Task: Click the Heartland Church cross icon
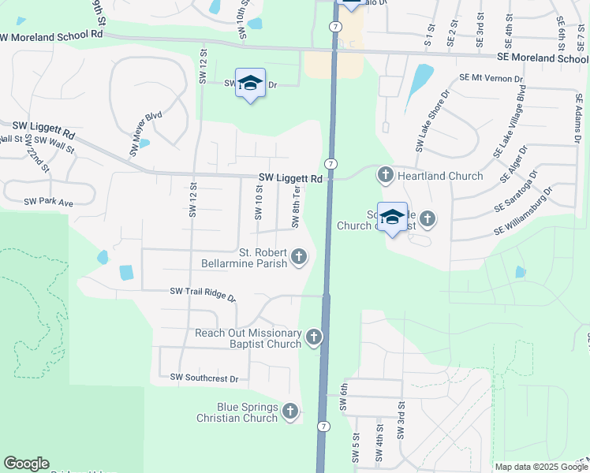click(386, 175)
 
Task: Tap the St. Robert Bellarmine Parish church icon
click(299, 255)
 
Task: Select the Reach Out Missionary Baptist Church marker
click(314, 338)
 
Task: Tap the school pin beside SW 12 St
click(250, 84)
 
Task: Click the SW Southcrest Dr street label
click(204, 378)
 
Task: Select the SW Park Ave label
click(48, 203)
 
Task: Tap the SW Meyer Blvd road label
click(146, 132)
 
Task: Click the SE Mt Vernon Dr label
click(491, 79)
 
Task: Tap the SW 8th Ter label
click(297, 206)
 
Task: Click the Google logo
click(26, 464)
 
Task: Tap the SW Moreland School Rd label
click(52, 35)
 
